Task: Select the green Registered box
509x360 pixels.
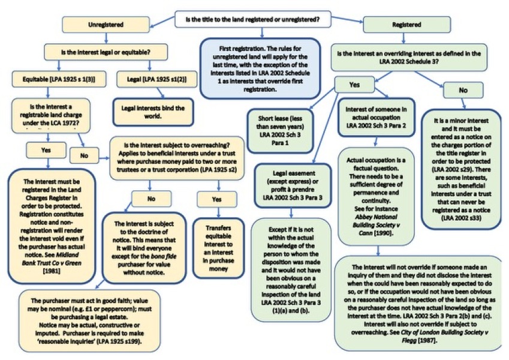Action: (406, 26)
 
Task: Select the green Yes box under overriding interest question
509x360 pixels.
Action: (354, 85)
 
